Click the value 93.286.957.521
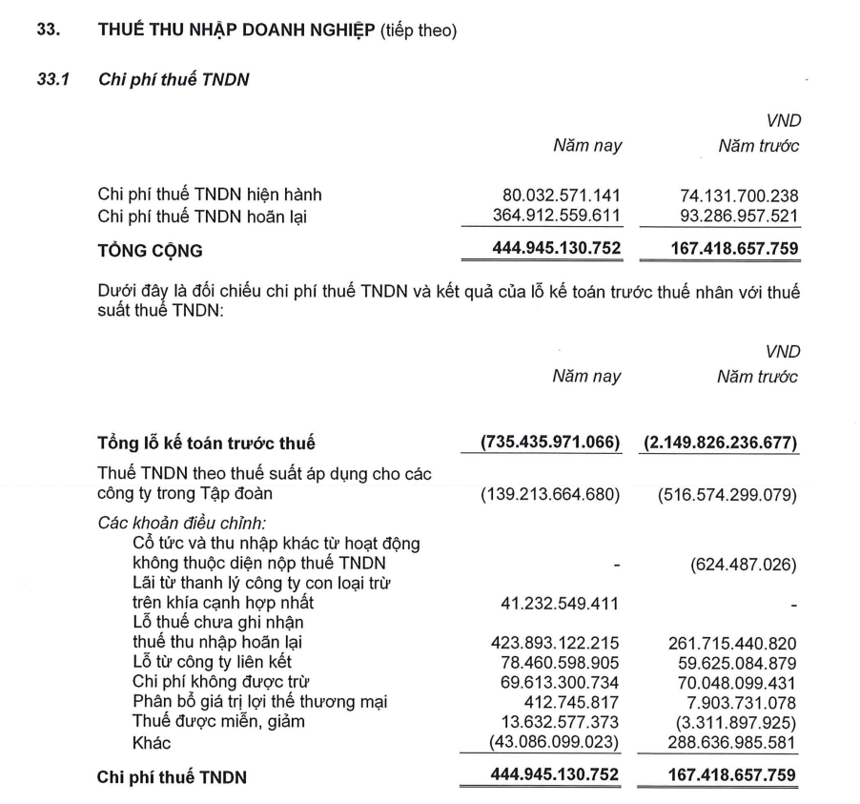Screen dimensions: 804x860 (x=731, y=216)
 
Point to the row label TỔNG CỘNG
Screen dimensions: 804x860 (x=151, y=252)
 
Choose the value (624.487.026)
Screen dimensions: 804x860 (x=745, y=564)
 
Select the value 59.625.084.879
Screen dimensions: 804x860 (x=731, y=661)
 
